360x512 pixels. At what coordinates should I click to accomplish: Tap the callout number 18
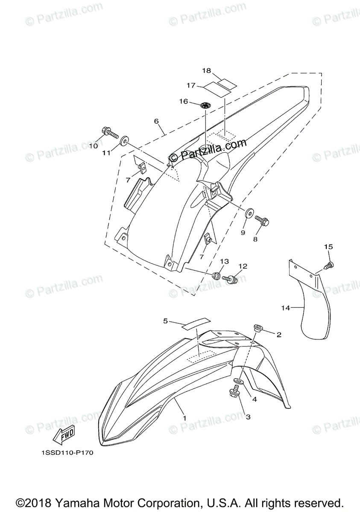tap(207, 70)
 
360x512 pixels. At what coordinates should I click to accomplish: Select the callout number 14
tap(286, 307)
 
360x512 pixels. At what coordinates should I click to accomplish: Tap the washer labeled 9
tap(249, 212)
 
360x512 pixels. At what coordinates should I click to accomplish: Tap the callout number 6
tap(157, 122)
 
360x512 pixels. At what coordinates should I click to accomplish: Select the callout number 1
tap(184, 418)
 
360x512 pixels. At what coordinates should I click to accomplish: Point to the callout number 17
tap(191, 86)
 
